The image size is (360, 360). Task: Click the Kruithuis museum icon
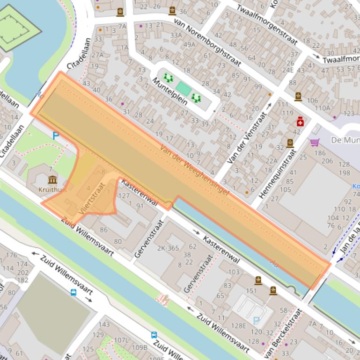pos(52,180)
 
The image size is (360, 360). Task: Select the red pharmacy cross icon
pos(300,122)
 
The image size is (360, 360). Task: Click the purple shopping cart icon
pos(315,142)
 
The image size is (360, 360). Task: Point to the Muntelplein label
pos(169,91)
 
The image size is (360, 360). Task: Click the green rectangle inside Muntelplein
pos(184,89)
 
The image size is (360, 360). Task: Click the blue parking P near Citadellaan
pos(56,136)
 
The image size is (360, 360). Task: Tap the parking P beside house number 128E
pos(256,321)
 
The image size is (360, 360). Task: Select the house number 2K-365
pos(168,248)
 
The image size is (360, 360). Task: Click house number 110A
pos(323,108)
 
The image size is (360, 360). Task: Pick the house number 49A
pos(189,45)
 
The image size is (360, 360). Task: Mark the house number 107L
pos(121,340)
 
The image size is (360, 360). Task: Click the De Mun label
pos(344,140)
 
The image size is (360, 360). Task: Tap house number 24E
pos(287,71)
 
